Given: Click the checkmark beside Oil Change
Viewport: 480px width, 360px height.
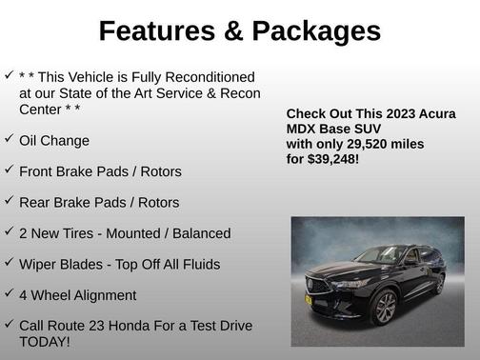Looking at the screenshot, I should click(9, 139).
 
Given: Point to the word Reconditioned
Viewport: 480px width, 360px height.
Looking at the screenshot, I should click(210, 77).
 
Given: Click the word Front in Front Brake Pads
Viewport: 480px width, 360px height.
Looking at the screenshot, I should click(37, 171).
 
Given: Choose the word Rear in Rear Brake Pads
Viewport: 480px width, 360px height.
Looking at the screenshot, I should click(35, 202).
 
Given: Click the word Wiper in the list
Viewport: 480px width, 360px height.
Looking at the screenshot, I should click(39, 264).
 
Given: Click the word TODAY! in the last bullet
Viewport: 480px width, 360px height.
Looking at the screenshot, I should click(44, 342).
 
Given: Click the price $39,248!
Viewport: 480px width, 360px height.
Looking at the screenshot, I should click(328, 159).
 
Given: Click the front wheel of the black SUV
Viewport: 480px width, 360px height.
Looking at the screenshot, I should click(385, 307).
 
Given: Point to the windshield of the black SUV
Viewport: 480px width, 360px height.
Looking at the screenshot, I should click(379, 256).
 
